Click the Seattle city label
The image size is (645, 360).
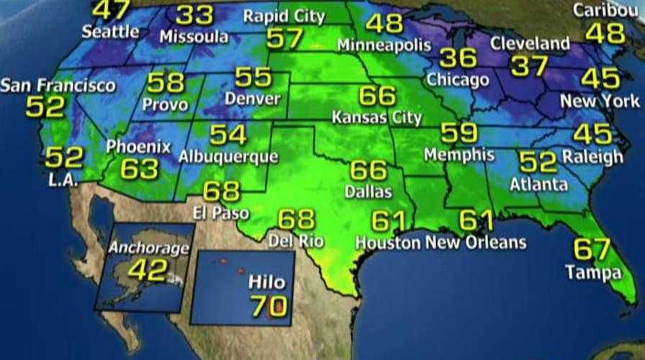(110, 32)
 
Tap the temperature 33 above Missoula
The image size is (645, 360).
(194, 15)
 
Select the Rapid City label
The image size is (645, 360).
(284, 15)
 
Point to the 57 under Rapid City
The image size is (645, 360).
(285, 38)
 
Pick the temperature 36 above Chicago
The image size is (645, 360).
(458, 58)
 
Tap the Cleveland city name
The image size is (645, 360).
(530, 44)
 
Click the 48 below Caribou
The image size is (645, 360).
(605, 33)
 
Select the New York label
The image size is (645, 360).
(600, 102)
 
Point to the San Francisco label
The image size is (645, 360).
(58, 86)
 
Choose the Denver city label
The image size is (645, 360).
(252, 99)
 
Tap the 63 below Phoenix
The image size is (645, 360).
(139, 169)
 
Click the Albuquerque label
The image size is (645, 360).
(228, 156)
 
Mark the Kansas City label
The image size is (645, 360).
(376, 117)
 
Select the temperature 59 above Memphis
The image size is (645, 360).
(459, 133)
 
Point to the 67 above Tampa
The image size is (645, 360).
(592, 249)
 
